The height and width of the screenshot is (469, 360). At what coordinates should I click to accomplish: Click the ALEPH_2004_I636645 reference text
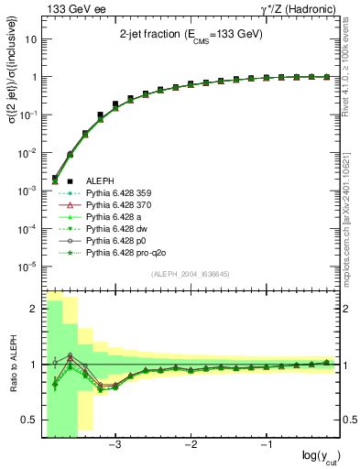191,273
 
